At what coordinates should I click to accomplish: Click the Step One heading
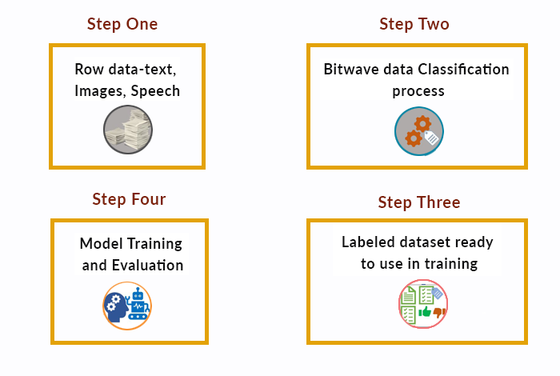[x=122, y=24]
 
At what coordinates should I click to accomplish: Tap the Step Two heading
[x=414, y=24]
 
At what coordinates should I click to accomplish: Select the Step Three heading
[x=419, y=202]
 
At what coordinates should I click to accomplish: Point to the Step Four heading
[x=129, y=199]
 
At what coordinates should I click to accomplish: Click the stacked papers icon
[x=128, y=130]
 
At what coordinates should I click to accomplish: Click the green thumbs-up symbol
[x=425, y=312]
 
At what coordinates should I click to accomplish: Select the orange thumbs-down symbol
[x=439, y=313]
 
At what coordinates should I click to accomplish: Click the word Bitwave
[x=350, y=70]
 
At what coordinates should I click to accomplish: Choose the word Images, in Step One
[x=100, y=91]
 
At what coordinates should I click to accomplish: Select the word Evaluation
[x=147, y=266]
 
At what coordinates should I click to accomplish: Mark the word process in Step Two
[x=418, y=92]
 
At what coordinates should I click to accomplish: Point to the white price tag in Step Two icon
[x=431, y=138]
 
